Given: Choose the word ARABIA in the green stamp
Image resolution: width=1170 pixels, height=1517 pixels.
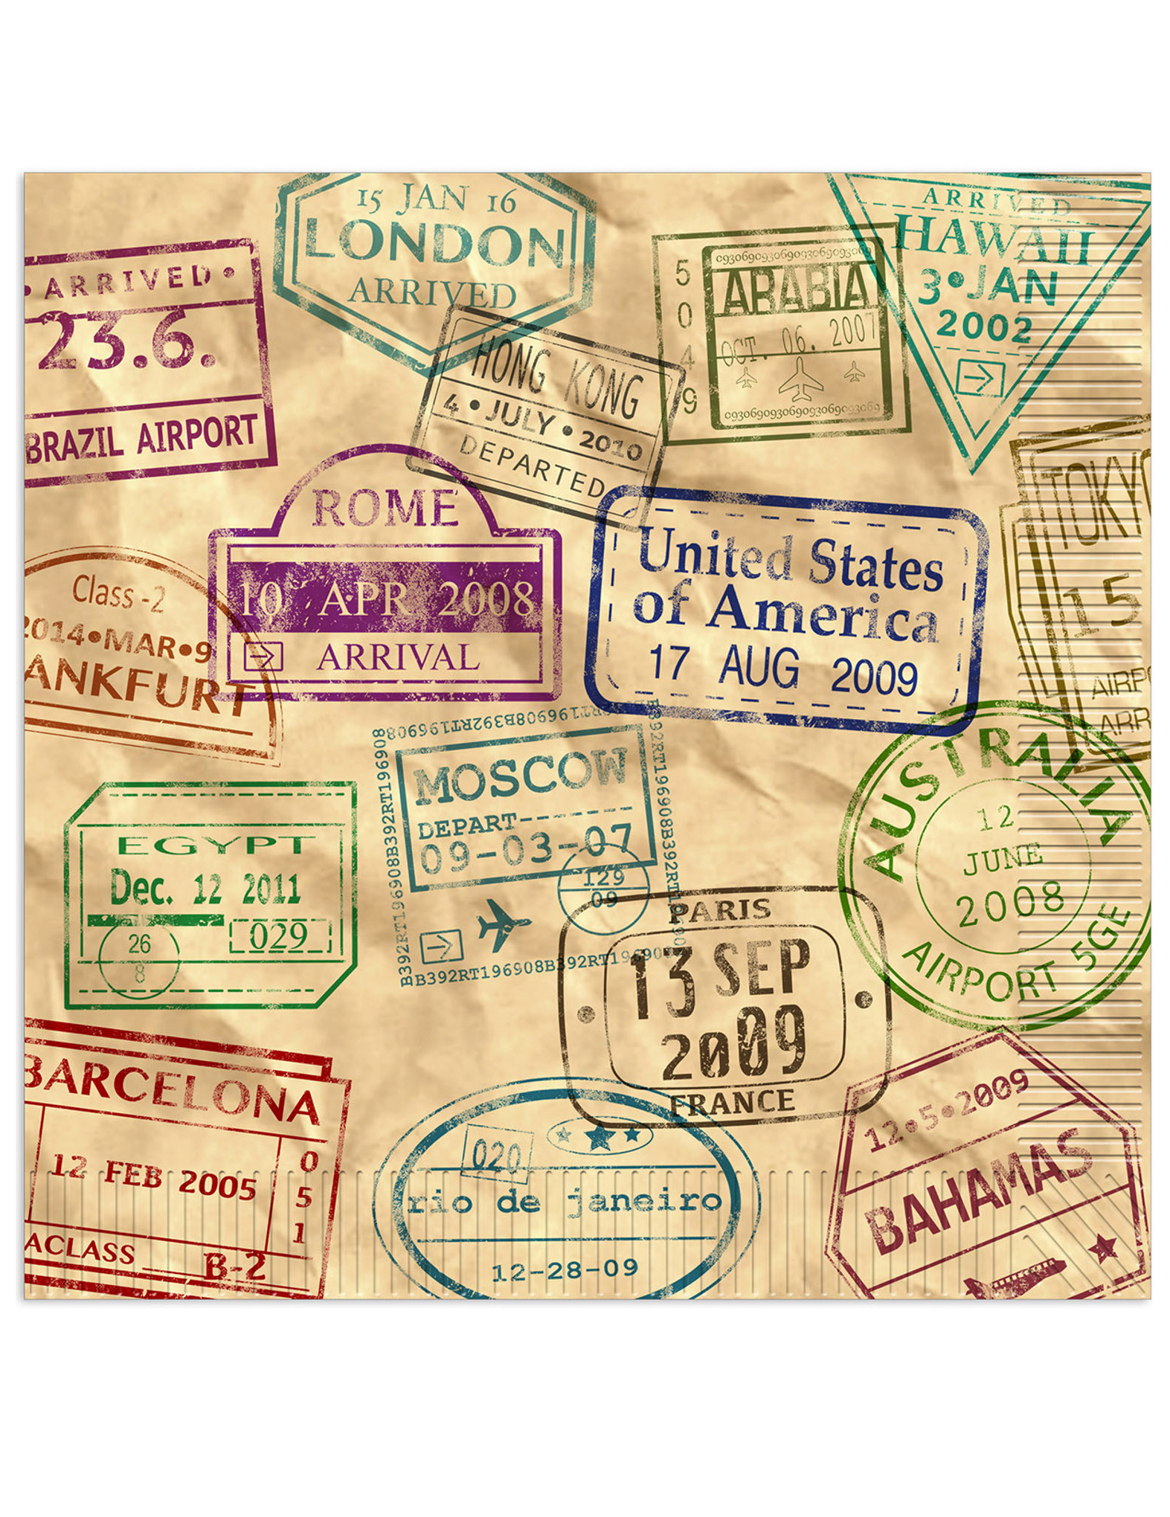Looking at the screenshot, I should click(794, 292).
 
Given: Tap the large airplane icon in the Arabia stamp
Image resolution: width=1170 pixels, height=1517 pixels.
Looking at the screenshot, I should click(800, 376).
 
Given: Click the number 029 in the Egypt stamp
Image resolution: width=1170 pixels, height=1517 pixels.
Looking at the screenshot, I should click(278, 936).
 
